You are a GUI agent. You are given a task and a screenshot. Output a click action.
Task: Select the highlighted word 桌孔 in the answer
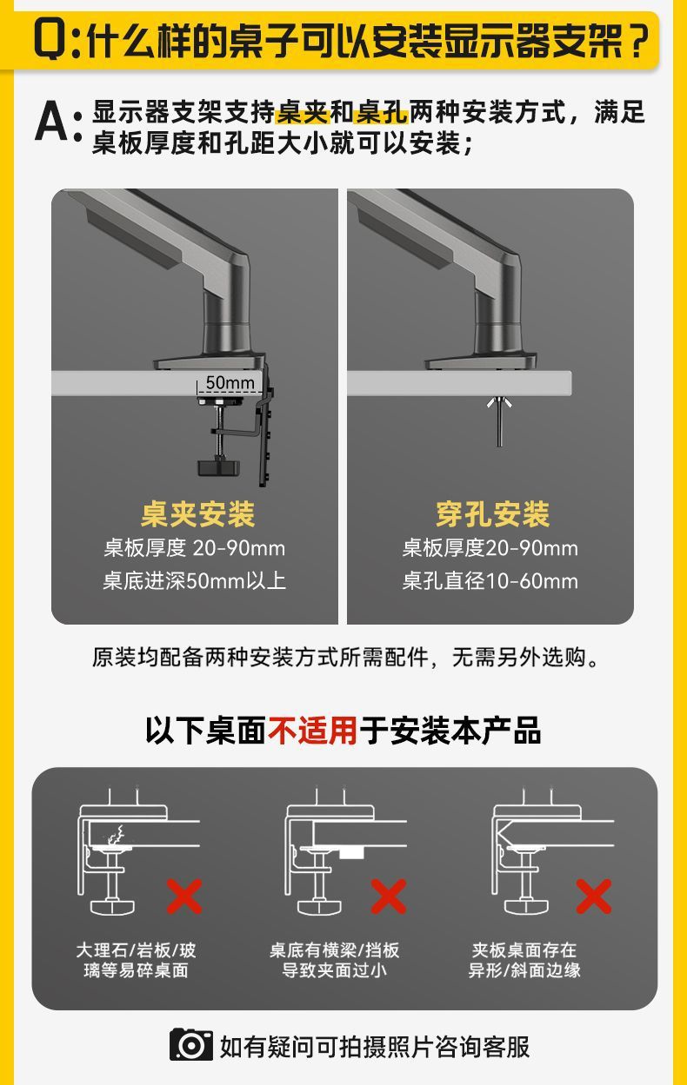pyautogui.click(x=382, y=112)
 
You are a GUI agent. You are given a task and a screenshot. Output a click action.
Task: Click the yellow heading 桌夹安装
pyautogui.click(x=197, y=514)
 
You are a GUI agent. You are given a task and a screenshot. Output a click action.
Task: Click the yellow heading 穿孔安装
pyautogui.click(x=492, y=514)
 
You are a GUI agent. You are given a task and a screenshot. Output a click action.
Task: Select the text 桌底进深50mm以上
pyautogui.click(x=194, y=580)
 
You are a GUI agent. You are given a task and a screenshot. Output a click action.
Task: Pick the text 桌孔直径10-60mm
pyautogui.click(x=490, y=580)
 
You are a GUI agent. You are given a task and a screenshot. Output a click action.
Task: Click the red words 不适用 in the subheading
pyautogui.click(x=312, y=730)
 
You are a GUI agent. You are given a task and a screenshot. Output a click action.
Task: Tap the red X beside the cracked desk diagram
pyautogui.click(x=183, y=896)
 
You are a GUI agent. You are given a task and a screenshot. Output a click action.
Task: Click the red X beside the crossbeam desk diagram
pyautogui.click(x=388, y=896)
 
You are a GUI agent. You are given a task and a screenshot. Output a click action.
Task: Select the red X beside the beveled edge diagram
pyautogui.click(x=593, y=896)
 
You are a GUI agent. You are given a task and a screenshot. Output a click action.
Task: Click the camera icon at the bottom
pyautogui.click(x=191, y=1044)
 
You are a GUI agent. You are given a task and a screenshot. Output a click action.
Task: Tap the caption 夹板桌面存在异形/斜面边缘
pyautogui.click(x=524, y=960)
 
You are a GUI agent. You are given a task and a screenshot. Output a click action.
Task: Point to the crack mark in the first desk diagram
pyautogui.click(x=113, y=837)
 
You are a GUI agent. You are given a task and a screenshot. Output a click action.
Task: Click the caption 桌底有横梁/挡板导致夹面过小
pyautogui.click(x=334, y=960)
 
